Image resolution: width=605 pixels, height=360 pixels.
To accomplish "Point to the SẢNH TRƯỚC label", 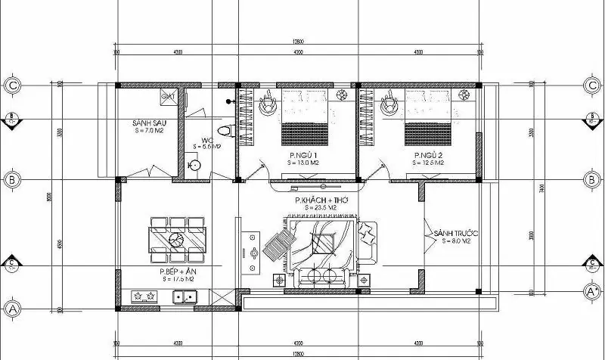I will [x=453, y=234].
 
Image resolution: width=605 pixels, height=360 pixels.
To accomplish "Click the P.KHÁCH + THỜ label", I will [x=318, y=200].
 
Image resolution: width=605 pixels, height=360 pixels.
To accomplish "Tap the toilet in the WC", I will [x=223, y=131].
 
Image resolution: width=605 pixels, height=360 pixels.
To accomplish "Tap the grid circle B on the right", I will [x=591, y=180].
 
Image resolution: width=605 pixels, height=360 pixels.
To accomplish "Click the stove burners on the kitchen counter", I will [x=142, y=296].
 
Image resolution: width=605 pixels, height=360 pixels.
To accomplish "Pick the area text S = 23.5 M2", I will [x=318, y=207].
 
